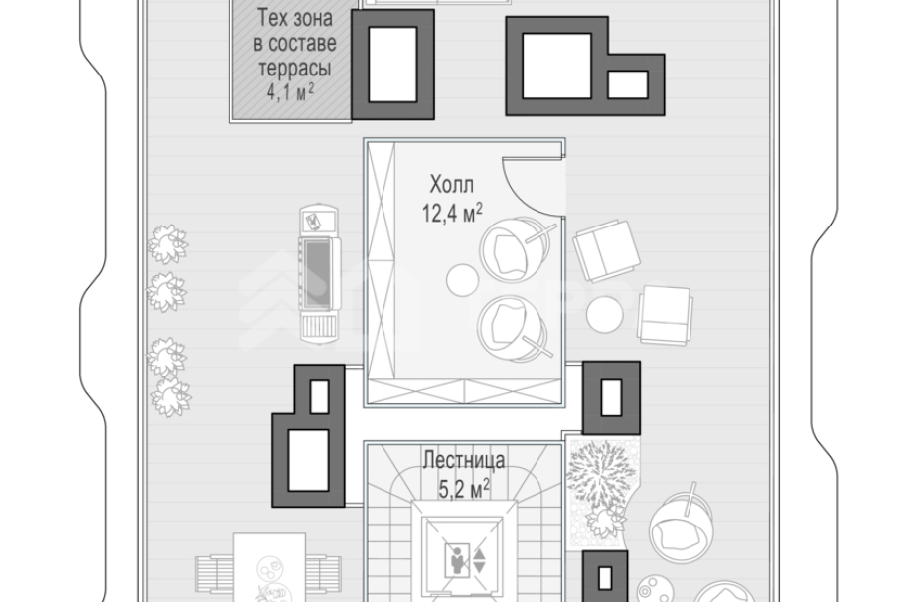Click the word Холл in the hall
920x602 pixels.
pos(451,185)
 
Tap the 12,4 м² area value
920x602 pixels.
pos(452,213)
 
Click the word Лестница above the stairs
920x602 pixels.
pos(464,460)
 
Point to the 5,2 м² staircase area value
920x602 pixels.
pos(464,488)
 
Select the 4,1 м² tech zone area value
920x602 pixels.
pos(290,92)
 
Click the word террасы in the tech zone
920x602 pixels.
pos(294,69)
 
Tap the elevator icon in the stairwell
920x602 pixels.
pos(465,559)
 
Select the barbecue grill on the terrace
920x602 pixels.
pos(320,273)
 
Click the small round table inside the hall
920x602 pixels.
pos(462,280)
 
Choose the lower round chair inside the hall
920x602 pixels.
pos(514,328)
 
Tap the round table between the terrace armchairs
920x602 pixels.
pos(604,314)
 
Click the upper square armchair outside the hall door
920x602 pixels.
pos(606,251)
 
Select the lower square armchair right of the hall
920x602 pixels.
pos(665,316)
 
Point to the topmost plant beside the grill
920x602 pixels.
pos(168,244)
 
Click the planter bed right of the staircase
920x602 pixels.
pos(602,492)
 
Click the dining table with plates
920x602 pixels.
pos(269,567)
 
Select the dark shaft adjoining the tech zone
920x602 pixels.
pos(392,65)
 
